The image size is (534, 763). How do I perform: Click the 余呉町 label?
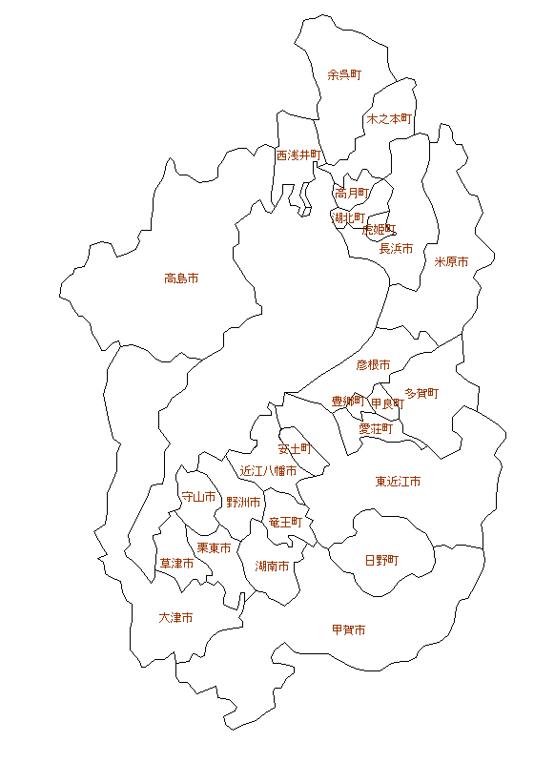point(344,74)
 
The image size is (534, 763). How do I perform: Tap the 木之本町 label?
point(389,119)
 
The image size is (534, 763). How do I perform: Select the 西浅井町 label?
point(299,155)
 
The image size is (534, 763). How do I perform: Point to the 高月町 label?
point(352,193)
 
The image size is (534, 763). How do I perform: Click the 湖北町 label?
point(348,217)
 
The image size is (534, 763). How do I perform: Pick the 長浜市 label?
point(397,248)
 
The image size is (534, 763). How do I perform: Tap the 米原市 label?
point(452,261)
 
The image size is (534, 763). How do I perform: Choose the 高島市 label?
point(181,278)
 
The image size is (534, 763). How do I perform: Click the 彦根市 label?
point(374,364)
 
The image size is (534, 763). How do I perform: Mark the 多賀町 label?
point(421,392)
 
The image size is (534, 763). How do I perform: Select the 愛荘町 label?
point(376,429)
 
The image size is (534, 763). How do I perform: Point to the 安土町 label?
point(295,447)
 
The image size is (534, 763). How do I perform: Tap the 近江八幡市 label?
point(268,470)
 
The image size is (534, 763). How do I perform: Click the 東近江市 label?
point(399,482)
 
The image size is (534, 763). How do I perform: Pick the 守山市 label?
point(198,497)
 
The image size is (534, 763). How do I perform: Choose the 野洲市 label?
point(244,502)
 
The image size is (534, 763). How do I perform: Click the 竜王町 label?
point(285,522)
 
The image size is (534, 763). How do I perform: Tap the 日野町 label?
point(382,560)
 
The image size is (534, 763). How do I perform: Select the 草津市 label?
point(176,564)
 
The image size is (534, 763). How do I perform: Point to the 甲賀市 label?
point(348,629)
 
